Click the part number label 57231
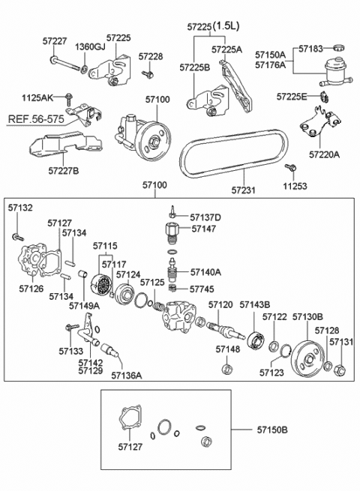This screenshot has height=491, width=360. [x=244, y=190]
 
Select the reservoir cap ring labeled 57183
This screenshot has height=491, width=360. [x=339, y=48]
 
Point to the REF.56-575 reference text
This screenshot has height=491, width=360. [x=36, y=119]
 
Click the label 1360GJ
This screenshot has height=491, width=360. [x=90, y=46]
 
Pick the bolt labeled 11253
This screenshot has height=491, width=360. [x=290, y=167]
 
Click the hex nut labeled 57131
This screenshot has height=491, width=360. [x=341, y=370]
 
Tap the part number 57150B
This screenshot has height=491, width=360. [x=272, y=430]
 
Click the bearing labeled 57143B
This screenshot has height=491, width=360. [x=256, y=340]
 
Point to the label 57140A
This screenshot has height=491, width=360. [x=205, y=272]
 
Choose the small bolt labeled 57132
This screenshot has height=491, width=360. [x=17, y=237]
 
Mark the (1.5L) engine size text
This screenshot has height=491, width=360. [x=226, y=26]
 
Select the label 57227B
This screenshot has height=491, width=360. [x=64, y=171]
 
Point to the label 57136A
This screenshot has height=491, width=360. [x=127, y=375]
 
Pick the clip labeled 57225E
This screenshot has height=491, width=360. [x=325, y=97]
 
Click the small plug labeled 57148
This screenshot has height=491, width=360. [x=227, y=369]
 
